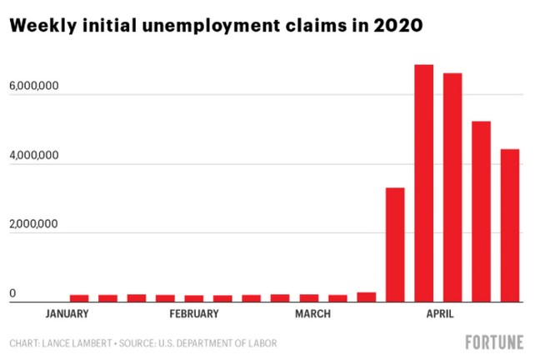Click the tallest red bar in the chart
423,183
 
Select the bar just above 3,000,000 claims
395,245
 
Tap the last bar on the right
510,225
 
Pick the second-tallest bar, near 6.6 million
452,187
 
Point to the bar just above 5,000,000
481,212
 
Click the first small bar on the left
79,298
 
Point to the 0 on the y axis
12,293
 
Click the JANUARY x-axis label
67,314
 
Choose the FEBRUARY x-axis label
193,314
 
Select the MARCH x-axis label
312,314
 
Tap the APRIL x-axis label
440,314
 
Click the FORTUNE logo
494,342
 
